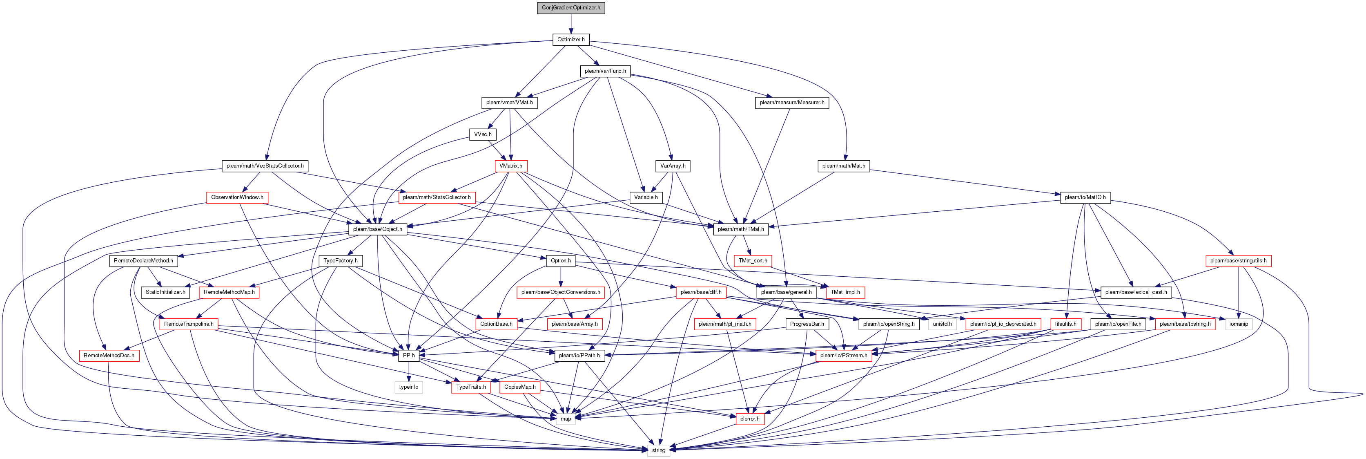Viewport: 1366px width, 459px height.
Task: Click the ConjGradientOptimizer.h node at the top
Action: [570, 8]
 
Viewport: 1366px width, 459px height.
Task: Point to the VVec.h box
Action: [483, 134]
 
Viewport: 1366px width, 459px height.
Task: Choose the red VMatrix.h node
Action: [510, 166]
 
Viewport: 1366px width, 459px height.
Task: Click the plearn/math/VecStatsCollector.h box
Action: [265, 166]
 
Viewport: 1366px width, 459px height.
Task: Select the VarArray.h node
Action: [673, 166]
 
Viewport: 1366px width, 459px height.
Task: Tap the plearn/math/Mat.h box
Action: [843, 166]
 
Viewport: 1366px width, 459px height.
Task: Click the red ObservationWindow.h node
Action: [237, 197]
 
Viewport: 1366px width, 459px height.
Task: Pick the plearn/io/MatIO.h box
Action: [1085, 197]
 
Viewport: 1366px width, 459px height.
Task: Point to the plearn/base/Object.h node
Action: [378, 229]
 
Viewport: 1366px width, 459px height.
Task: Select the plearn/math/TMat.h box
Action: [740, 229]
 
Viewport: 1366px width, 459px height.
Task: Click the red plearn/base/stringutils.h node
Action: [1238, 260]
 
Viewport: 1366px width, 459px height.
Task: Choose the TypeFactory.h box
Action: [341, 260]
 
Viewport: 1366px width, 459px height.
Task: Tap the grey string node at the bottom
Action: [659, 450]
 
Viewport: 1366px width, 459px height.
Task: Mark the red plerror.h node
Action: [750, 419]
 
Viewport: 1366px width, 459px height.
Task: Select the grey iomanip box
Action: [1239, 324]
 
